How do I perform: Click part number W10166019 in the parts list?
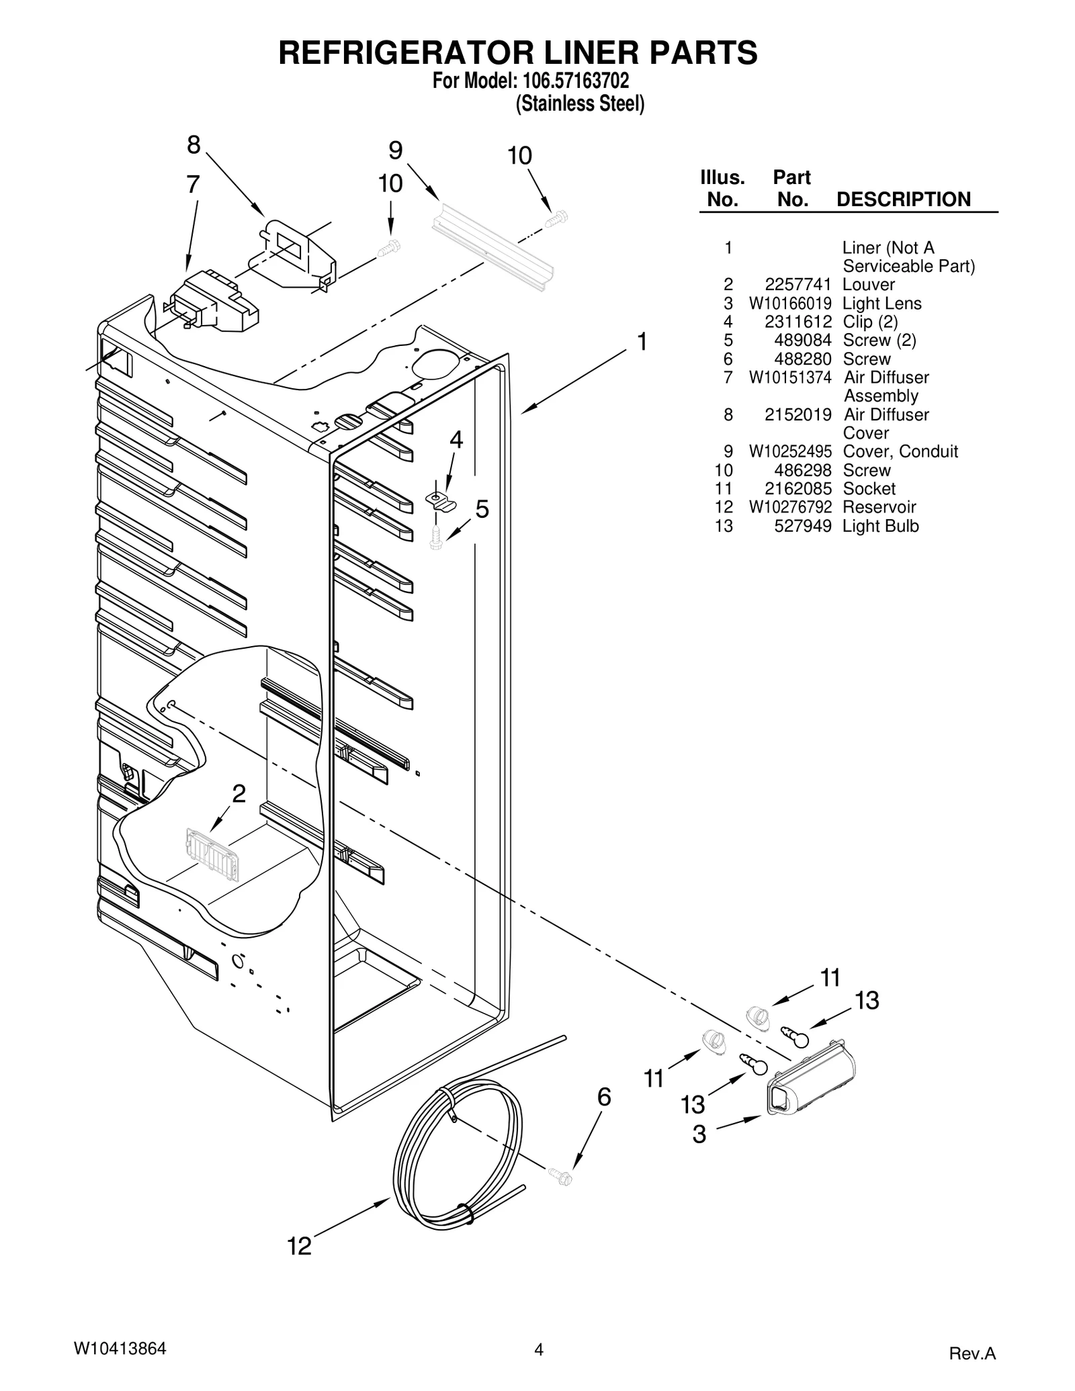(790, 304)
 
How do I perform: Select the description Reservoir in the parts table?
(879, 507)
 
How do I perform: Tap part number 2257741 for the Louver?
(798, 285)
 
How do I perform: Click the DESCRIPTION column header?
(903, 199)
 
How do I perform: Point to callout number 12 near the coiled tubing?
(300, 1247)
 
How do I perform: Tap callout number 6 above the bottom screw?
(604, 1097)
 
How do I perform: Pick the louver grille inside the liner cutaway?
(212, 854)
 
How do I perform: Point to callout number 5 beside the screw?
(482, 510)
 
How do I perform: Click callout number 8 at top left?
(193, 144)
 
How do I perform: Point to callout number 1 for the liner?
(642, 342)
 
